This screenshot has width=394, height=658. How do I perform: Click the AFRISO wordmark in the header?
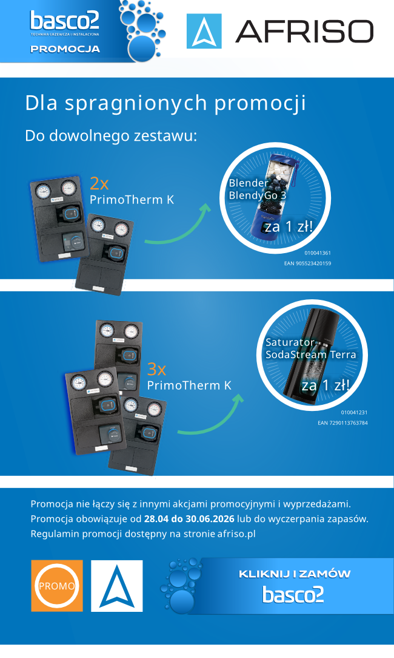[x=304, y=32]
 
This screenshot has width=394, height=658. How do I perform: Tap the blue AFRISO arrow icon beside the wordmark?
[x=204, y=31]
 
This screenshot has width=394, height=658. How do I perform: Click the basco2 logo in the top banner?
[x=64, y=21]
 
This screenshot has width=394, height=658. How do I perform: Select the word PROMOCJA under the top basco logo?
[x=65, y=49]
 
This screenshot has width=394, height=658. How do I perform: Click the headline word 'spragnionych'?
[x=136, y=103]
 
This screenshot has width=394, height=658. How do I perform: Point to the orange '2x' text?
[x=99, y=184]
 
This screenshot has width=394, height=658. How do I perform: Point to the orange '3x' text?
[x=156, y=369]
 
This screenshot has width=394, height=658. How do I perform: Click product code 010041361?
[x=317, y=253]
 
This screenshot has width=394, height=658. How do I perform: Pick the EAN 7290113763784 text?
[x=342, y=423]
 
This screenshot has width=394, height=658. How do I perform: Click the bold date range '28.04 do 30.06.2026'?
[x=189, y=518]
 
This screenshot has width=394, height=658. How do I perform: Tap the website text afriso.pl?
[x=236, y=534]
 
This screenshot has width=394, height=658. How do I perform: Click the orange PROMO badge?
[x=57, y=585]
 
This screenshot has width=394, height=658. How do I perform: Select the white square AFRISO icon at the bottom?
[x=117, y=586]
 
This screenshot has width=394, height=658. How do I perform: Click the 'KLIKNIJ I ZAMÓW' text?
[x=294, y=574]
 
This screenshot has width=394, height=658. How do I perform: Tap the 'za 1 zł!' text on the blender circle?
[x=289, y=227]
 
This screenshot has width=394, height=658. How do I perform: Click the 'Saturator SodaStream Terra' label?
[x=310, y=348]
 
